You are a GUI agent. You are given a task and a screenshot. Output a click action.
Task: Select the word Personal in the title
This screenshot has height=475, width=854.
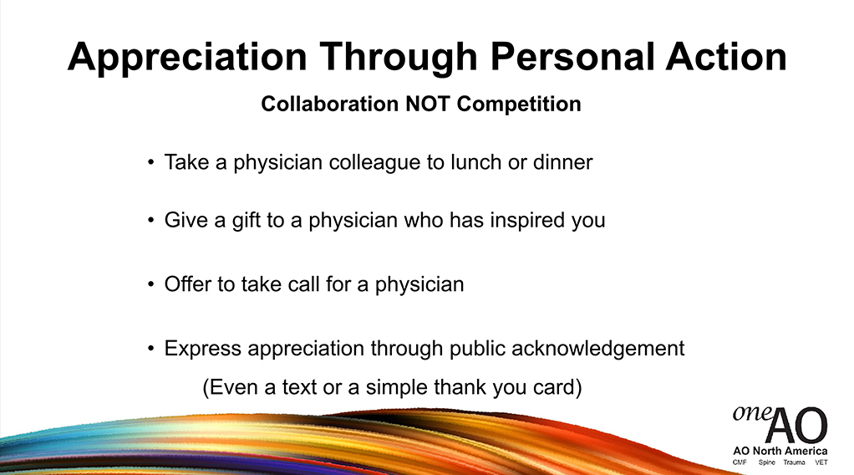click(572, 57)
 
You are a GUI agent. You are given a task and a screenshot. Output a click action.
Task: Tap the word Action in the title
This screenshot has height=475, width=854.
click(726, 57)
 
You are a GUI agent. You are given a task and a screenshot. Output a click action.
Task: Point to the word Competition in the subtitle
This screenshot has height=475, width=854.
click(519, 105)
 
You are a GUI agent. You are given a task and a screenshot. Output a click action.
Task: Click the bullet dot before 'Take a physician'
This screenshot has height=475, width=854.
click(151, 162)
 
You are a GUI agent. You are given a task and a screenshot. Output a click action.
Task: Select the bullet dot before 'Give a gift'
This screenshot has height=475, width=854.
click(151, 220)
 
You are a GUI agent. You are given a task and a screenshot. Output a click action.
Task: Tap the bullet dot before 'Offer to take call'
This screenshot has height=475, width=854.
click(151, 284)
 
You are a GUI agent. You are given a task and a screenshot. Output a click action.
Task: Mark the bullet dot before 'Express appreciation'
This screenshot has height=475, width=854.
click(151, 348)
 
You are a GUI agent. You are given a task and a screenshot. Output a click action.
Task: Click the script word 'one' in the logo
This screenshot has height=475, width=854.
click(751, 412)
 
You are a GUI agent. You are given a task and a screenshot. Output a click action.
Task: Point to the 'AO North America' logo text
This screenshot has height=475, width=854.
click(780, 451)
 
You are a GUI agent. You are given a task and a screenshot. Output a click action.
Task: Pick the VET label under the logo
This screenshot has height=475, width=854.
click(821, 462)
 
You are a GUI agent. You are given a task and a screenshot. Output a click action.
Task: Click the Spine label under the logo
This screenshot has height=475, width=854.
click(766, 462)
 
